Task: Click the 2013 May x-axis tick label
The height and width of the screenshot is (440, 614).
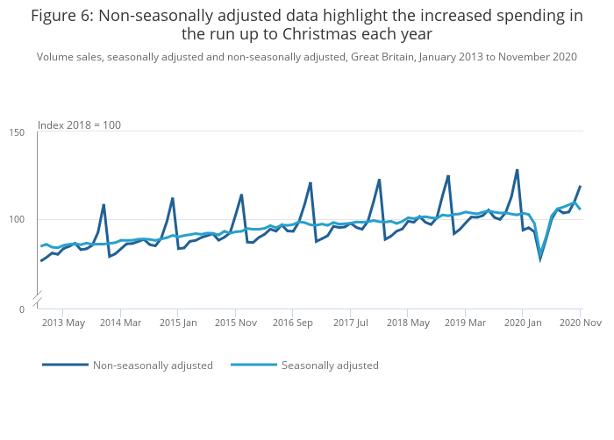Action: pyautogui.click(x=64, y=323)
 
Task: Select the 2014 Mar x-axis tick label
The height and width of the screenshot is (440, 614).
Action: pyautogui.click(x=121, y=323)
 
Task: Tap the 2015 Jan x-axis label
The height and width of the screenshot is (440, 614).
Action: pyautogui.click(x=178, y=323)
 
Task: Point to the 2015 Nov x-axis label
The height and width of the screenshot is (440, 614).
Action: pyautogui.click(x=235, y=323)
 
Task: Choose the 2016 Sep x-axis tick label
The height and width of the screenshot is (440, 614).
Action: pyautogui.click(x=293, y=323)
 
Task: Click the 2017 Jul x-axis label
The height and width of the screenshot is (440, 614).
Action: pyautogui.click(x=350, y=323)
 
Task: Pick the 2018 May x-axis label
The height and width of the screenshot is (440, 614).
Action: pyautogui.click(x=408, y=323)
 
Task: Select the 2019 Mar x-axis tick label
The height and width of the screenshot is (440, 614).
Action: pyautogui.click(x=465, y=323)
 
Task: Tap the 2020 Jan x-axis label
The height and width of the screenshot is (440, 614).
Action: pyautogui.click(x=523, y=323)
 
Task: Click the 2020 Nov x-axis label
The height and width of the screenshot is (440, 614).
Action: pyautogui.click(x=581, y=323)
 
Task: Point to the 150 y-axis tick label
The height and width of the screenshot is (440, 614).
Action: pyautogui.click(x=17, y=132)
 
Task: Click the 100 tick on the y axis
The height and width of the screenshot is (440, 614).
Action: pyautogui.click(x=17, y=220)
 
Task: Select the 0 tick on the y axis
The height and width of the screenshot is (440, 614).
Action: pyautogui.click(x=21, y=309)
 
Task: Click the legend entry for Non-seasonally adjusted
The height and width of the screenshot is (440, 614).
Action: pyautogui.click(x=153, y=365)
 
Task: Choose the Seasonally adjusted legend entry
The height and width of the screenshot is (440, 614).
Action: pyautogui.click(x=330, y=365)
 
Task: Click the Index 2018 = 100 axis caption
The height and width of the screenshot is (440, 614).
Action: pyautogui.click(x=79, y=125)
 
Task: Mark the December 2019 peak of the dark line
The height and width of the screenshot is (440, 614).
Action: pyautogui.click(x=518, y=170)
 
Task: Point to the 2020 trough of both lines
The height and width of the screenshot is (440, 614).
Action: pyautogui.click(x=540, y=258)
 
